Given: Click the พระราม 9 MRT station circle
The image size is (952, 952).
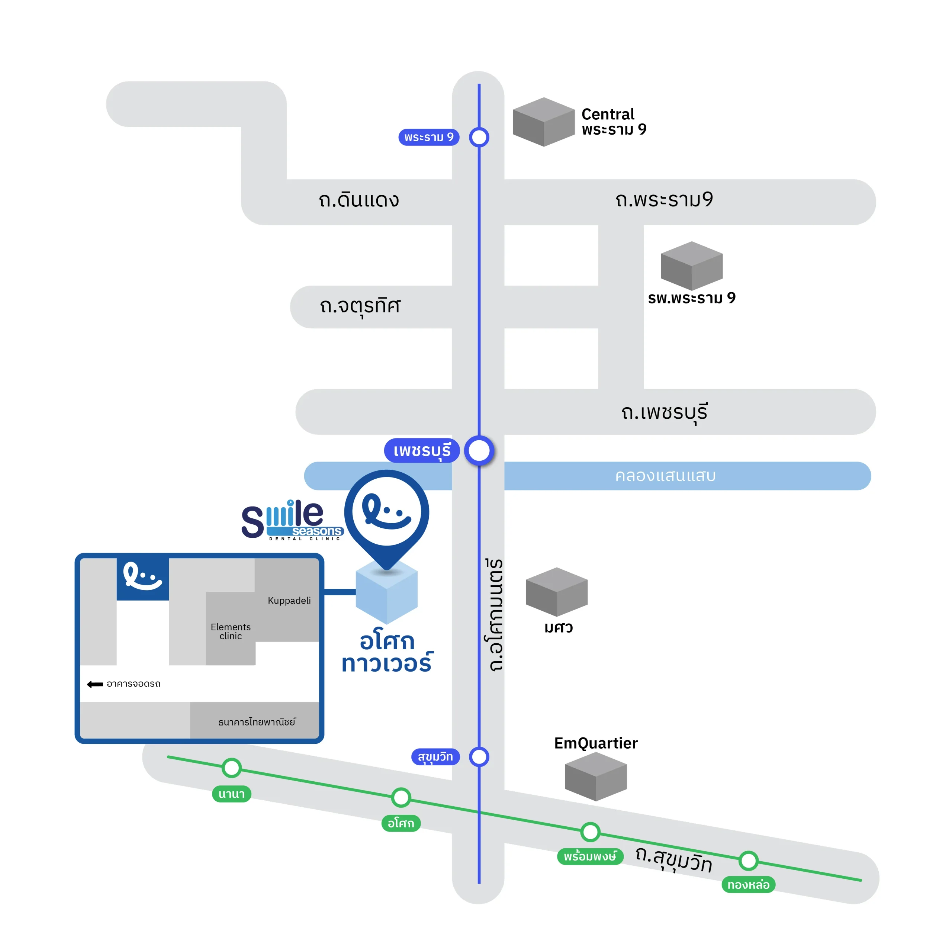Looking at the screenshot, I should (479, 137).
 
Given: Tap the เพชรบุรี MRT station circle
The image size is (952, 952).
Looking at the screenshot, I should (479, 450).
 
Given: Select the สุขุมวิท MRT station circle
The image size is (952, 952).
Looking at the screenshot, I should (479, 756).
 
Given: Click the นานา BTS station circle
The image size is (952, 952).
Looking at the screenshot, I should (231, 767).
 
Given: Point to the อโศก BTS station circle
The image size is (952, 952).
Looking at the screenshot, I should (401, 797).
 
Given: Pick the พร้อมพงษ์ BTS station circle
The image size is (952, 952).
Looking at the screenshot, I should (590, 832).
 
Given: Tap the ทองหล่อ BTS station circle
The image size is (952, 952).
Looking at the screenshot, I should (748, 861).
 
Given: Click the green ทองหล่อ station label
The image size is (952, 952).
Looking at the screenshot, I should (748, 884).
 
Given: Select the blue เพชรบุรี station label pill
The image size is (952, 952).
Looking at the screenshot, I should (422, 450).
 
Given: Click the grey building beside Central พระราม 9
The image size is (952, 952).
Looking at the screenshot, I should (544, 122).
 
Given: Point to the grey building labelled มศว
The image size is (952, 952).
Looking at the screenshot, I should (556, 591).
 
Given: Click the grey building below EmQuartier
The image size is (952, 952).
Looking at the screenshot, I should (595, 776).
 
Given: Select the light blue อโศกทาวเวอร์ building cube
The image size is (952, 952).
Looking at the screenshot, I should (386, 594).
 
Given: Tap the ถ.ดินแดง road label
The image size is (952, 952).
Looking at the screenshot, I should (359, 200).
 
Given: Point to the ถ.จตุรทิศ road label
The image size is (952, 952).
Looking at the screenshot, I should (360, 306).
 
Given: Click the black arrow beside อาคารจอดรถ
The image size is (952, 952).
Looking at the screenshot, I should (94, 684).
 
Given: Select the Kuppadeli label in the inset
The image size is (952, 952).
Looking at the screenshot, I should (289, 600).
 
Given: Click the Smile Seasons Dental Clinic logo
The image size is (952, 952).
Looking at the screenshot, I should (292, 520).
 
